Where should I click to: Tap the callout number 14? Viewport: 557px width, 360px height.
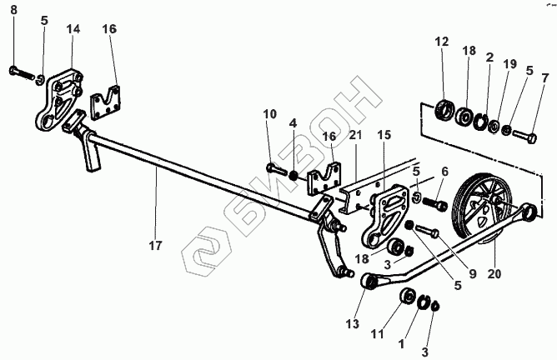click(73, 29)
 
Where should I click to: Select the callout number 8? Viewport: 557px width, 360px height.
click(13, 11)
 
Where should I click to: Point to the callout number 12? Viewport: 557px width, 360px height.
click(441, 42)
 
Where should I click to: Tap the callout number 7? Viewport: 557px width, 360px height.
click(545, 78)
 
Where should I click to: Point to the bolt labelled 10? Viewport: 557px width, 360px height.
click(276, 170)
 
